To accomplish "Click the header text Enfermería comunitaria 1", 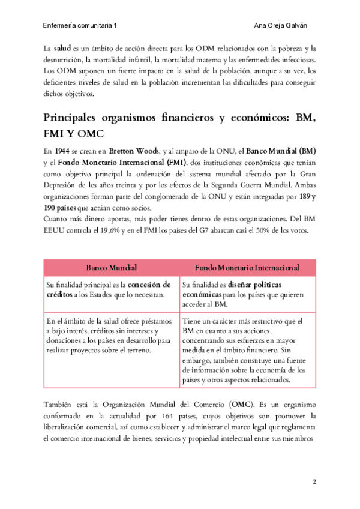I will pyautogui.click(x=80, y=26).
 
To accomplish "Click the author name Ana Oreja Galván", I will pyautogui.click(x=286, y=26).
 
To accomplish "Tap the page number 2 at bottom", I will pyautogui.click(x=314, y=482).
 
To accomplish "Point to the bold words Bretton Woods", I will pyautogui.click(x=125, y=150).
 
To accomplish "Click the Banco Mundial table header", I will pyautogui.click(x=111, y=267).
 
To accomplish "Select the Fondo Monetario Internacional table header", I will pyautogui.click(x=247, y=267).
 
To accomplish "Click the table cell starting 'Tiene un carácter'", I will pyautogui.click(x=247, y=351).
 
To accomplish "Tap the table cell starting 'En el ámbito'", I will pyautogui.click(x=111, y=336).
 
